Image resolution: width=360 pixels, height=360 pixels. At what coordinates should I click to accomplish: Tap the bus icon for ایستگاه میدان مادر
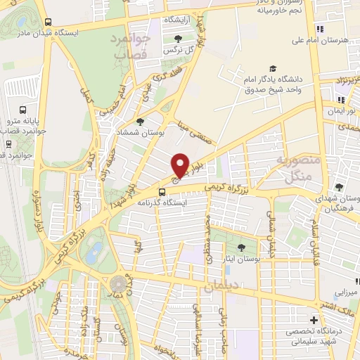[x=47, y=22]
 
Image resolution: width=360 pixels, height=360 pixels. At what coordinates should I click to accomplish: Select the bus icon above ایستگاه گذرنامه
[x=162, y=191]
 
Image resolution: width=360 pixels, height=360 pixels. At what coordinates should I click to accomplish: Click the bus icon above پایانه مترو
[x=23, y=110]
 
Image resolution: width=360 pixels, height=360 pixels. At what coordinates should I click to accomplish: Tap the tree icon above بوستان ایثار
[x=242, y=247]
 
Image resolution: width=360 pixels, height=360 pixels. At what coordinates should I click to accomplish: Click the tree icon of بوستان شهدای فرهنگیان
[x=339, y=187]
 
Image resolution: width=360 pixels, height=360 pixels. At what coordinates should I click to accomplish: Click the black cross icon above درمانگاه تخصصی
[x=314, y=320]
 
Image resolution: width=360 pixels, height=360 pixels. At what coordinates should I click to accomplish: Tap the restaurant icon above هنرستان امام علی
[x=320, y=29]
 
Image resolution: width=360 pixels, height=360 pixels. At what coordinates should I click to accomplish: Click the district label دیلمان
[x=222, y=287]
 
